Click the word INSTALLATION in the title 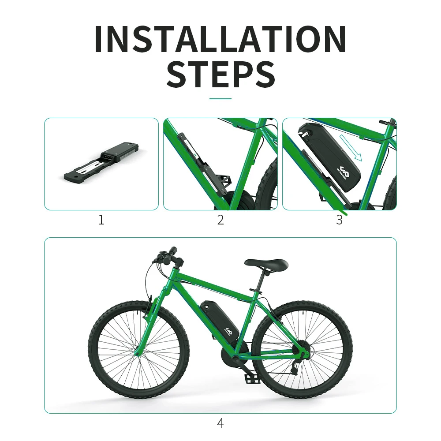click(x=220, y=40)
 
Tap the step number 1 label click(x=101, y=220)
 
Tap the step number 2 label click(x=220, y=220)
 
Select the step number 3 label click(x=339, y=220)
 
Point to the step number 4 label click(x=220, y=423)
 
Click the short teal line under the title click(x=220, y=99)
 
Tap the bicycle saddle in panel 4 click(x=266, y=264)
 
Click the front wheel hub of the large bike click(x=139, y=351)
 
